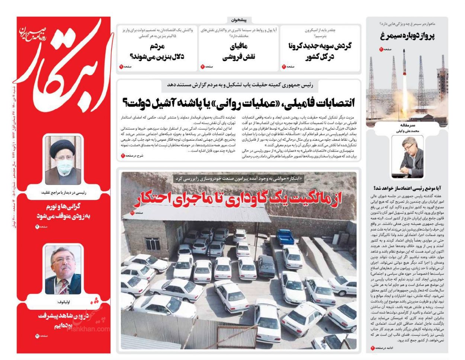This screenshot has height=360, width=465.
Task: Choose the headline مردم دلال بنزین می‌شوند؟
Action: point(157,51)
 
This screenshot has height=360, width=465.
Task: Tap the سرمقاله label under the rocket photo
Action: point(407,125)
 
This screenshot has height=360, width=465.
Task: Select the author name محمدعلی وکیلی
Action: point(407,131)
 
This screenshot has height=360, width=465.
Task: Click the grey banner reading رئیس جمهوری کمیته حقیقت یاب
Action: point(238,85)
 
